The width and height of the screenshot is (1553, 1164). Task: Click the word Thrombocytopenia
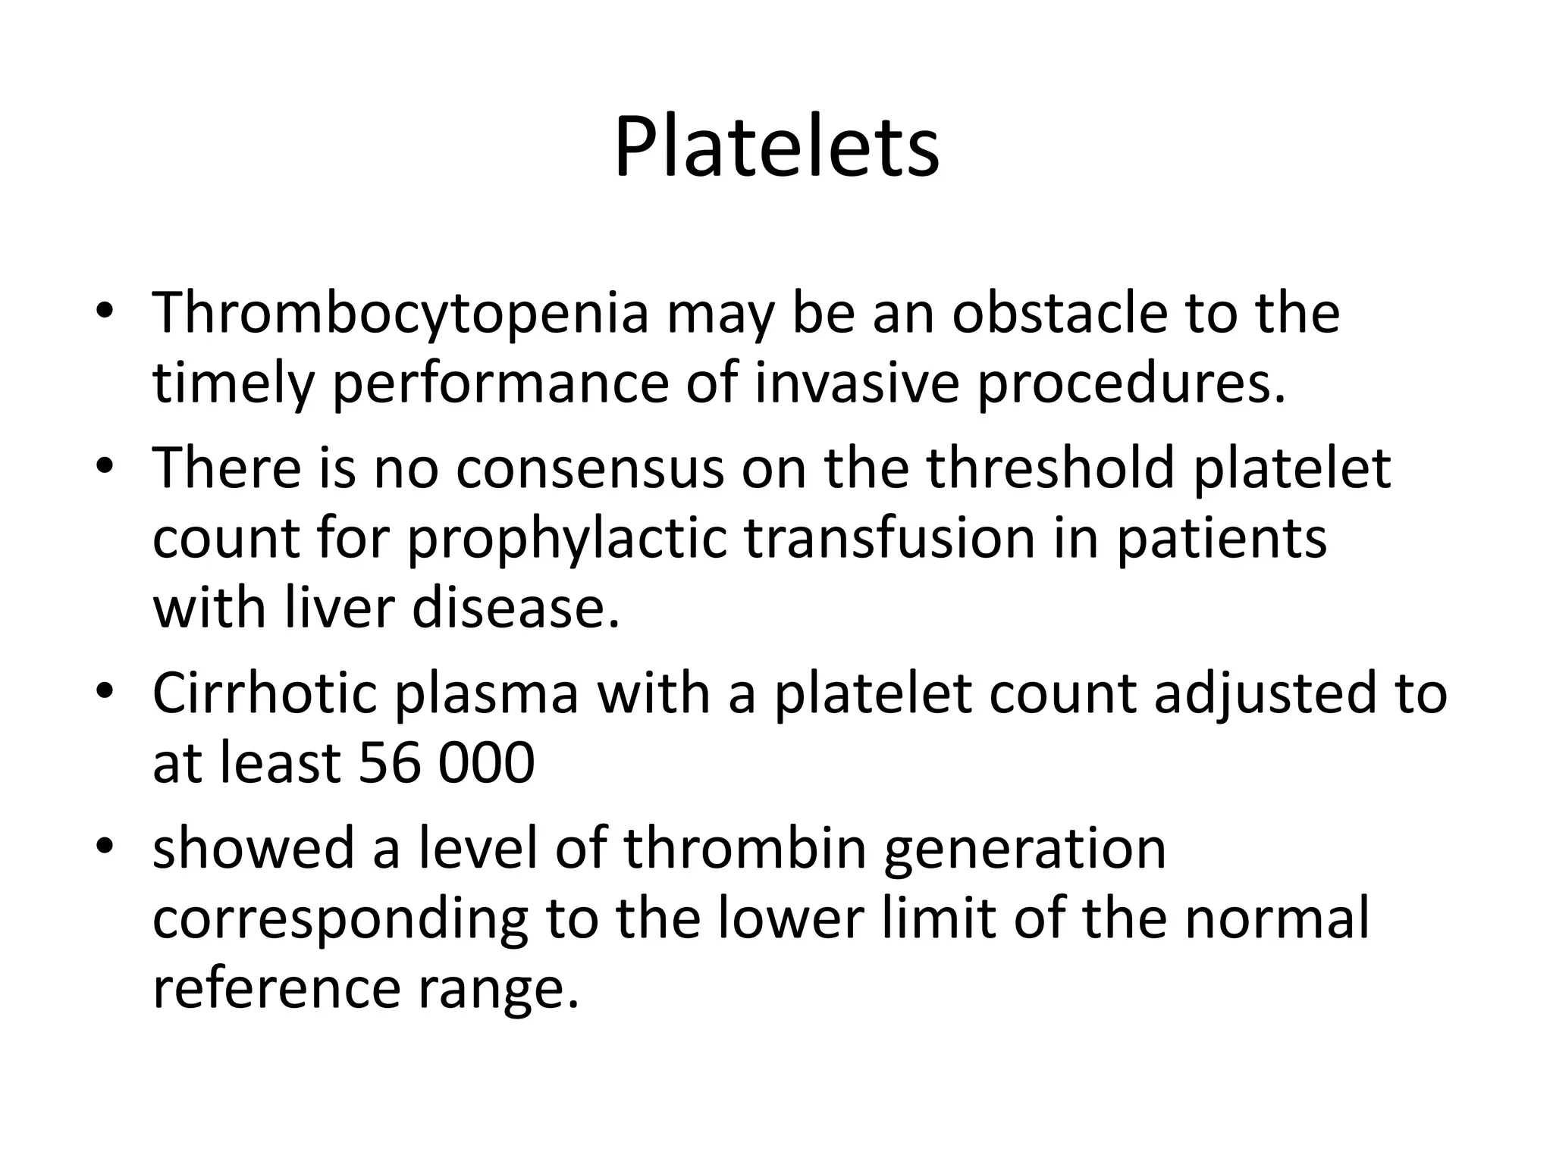click(400, 314)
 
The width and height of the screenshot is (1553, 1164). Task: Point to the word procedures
click(1130, 385)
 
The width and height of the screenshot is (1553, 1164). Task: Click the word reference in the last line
click(276, 989)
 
